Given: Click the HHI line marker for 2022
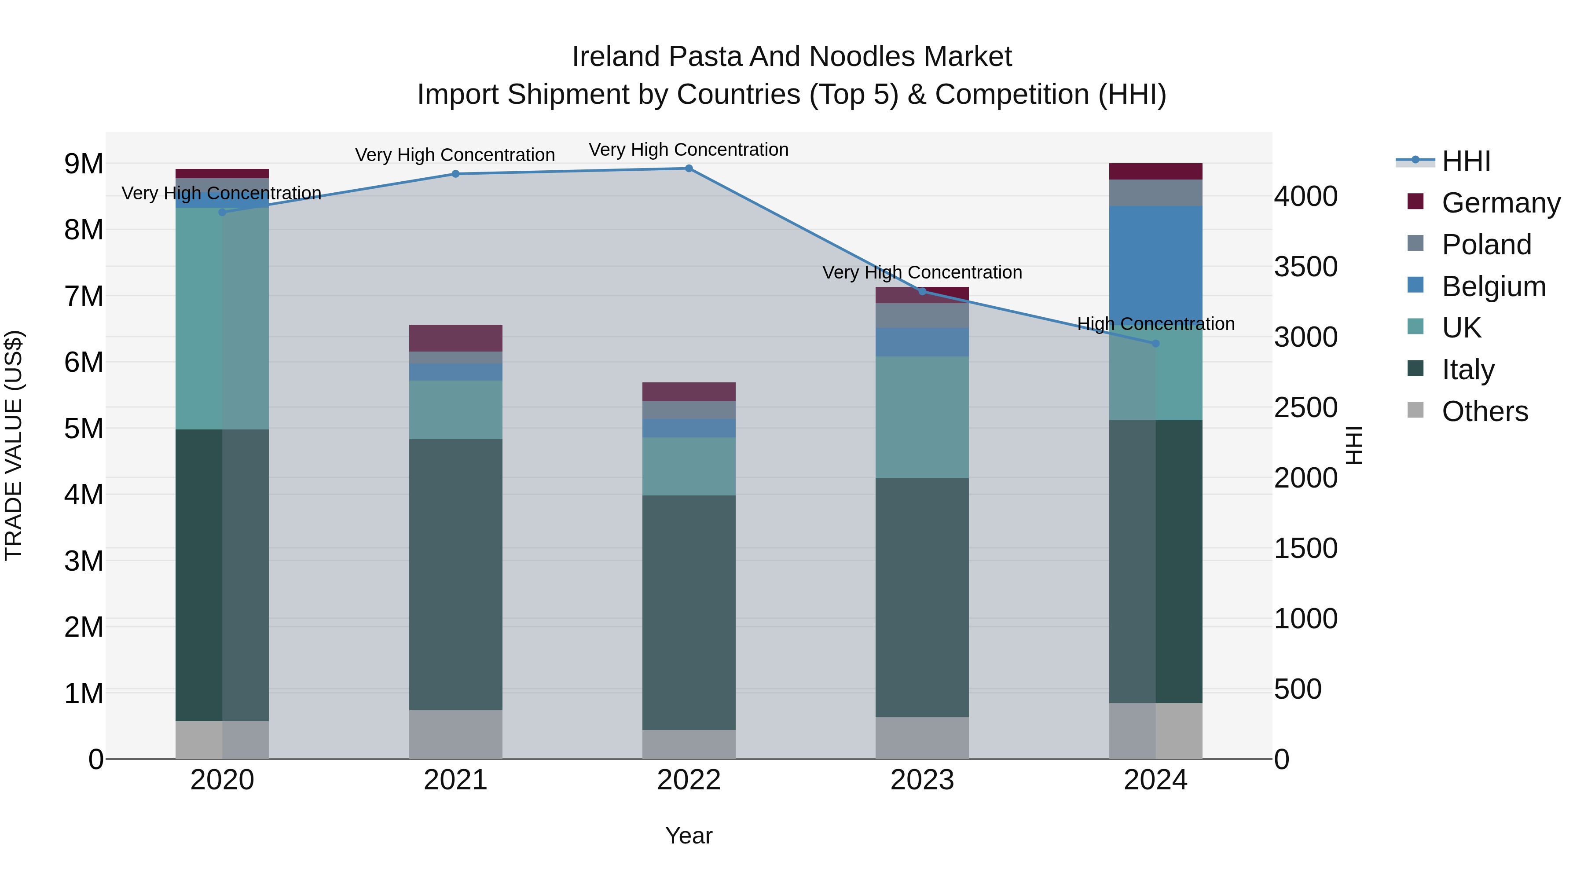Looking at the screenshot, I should click(689, 169).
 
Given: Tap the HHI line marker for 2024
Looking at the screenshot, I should click(1155, 344).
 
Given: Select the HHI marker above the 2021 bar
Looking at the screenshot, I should click(456, 174).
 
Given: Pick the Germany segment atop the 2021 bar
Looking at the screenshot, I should click(456, 337).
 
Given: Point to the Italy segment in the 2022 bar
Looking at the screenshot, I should click(689, 612).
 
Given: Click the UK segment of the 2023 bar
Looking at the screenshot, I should click(922, 417).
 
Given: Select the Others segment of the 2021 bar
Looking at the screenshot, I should click(456, 734).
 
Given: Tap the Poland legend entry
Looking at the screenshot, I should click(1486, 245).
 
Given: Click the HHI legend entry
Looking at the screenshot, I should click(1466, 161).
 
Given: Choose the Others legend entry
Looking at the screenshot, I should click(1485, 411).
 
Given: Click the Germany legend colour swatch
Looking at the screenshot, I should click(1415, 202).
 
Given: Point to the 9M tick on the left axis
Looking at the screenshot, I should click(84, 164).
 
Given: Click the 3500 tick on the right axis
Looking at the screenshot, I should click(1305, 267).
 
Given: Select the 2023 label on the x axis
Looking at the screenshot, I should click(922, 780).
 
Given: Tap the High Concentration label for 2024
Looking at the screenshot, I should click(1155, 323).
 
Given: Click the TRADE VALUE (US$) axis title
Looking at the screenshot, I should click(14, 445).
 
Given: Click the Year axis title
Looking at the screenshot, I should click(689, 836).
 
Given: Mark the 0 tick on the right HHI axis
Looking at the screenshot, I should click(1282, 759).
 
